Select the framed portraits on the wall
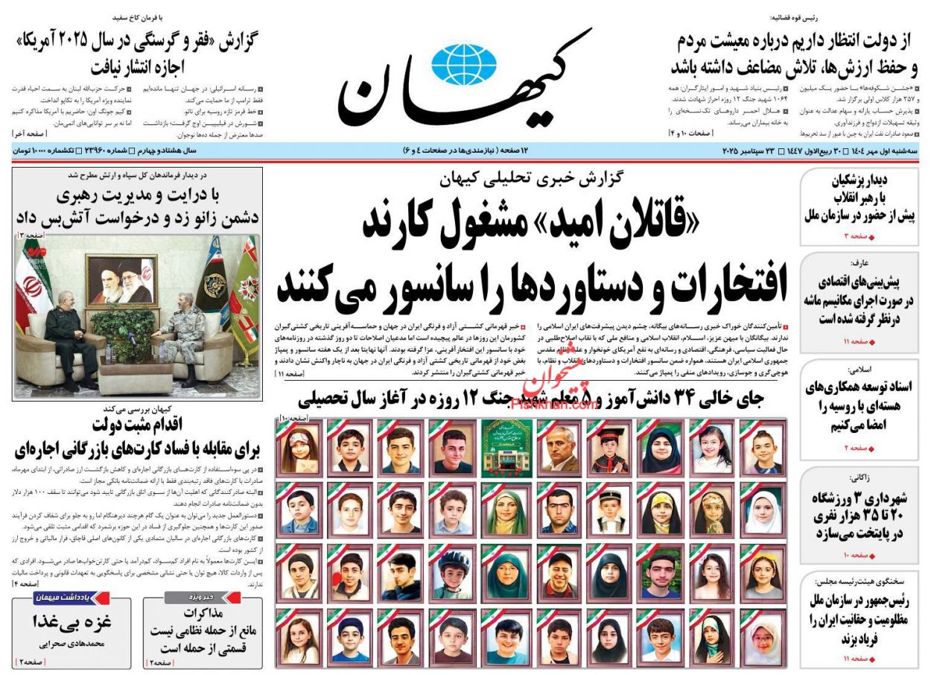121,278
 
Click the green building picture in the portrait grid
506,447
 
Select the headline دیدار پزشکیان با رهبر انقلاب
857,197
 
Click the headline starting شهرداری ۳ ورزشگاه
857,514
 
